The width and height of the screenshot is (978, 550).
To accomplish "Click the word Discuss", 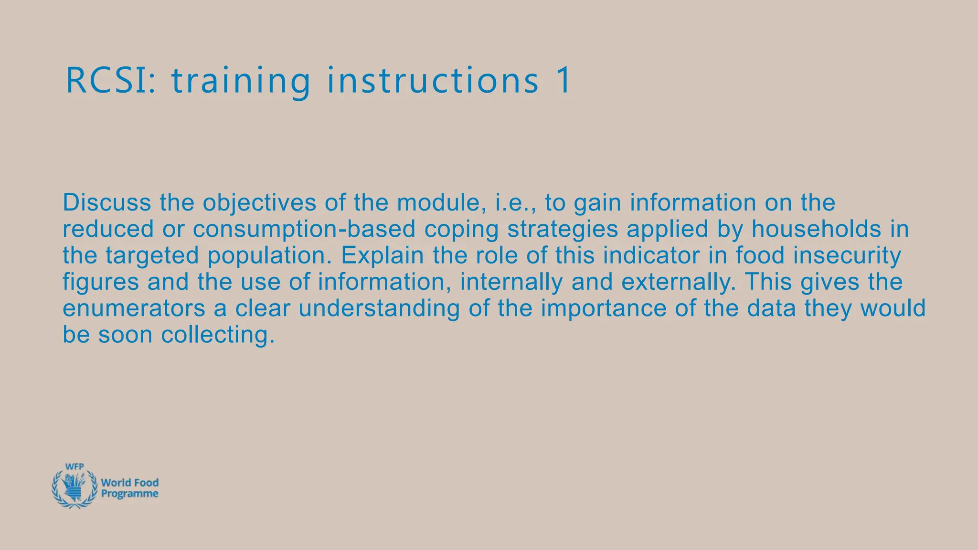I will click(107, 202).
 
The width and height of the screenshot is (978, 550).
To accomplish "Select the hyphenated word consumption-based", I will click(304, 229).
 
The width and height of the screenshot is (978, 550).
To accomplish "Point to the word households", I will click(816, 229).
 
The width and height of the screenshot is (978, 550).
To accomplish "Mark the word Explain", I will click(382, 255).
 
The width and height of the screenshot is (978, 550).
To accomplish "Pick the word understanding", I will click(379, 308).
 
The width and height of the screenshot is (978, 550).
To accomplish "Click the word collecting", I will click(218, 335).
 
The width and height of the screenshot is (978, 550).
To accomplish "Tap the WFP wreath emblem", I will click(74, 488).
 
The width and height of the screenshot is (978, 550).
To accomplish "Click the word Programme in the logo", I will click(129, 494).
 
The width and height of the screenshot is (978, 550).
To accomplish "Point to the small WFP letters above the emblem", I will click(74, 467).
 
